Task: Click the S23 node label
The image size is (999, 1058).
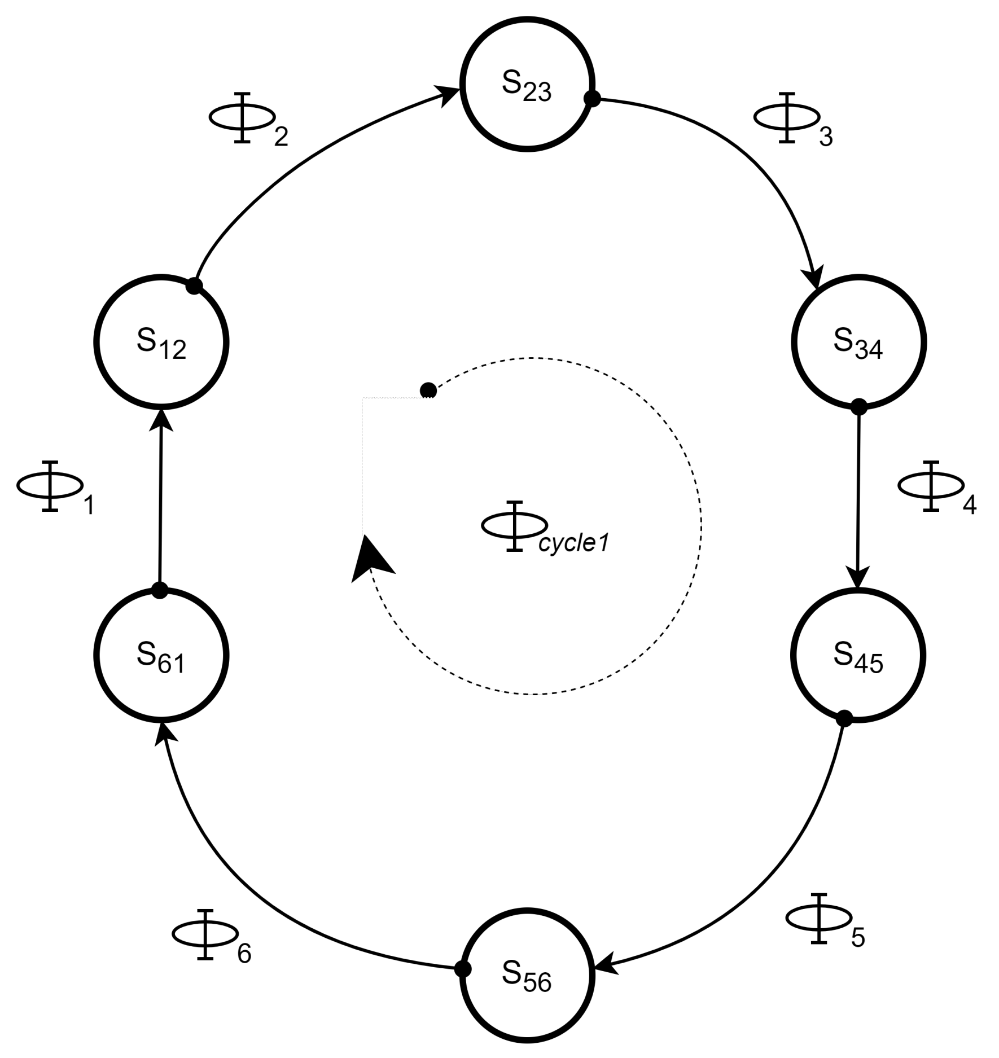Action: coord(526,86)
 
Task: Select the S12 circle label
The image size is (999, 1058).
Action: coord(161,344)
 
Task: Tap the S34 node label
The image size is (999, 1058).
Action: coord(858,343)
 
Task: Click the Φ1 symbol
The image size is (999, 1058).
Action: coord(50,486)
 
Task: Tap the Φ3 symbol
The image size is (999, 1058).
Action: coord(787,117)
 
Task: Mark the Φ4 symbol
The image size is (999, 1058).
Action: coord(931,486)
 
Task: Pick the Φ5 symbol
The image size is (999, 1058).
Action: coord(818,919)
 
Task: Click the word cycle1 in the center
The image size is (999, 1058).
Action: coord(573,544)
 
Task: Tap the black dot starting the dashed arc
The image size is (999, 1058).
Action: coord(428,390)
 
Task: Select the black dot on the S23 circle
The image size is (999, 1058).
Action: coord(592,99)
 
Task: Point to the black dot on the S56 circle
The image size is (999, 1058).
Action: coord(463,969)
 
